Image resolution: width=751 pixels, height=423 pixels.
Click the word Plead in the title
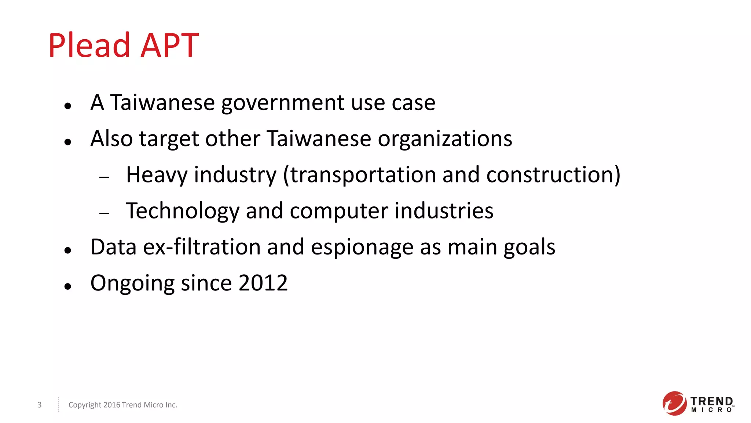(x=89, y=46)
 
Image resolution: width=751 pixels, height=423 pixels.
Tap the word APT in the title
(x=170, y=46)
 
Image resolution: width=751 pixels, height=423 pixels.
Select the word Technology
(x=182, y=211)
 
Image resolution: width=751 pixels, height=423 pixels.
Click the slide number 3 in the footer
(x=40, y=405)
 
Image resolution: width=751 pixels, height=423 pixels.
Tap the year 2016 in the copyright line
(x=111, y=405)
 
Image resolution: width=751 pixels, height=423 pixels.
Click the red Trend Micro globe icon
(x=674, y=404)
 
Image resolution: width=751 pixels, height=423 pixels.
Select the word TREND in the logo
(x=711, y=401)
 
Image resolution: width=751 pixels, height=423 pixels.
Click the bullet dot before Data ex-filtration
(x=67, y=251)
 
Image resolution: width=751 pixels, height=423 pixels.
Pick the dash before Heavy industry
(x=105, y=177)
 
